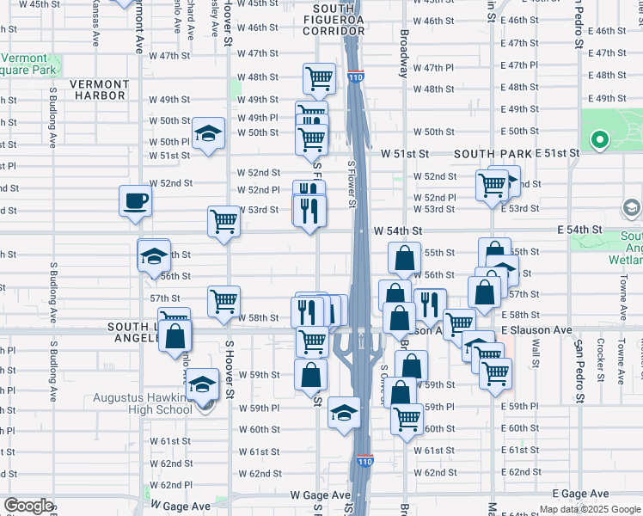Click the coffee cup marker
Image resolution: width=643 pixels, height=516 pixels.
[135, 201]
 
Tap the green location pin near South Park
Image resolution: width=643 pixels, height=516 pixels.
[599, 138]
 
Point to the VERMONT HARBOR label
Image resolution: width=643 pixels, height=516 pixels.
[99, 89]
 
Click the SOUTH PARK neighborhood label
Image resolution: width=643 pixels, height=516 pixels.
[493, 153]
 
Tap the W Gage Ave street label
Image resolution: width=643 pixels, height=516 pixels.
[320, 495]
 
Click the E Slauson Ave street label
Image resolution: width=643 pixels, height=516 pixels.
[536, 330]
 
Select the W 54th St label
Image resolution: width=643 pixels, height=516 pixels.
[399, 231]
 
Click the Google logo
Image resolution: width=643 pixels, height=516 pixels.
[28, 506]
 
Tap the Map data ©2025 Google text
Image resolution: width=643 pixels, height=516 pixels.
[591, 509]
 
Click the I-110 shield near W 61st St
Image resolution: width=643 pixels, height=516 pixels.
[364, 462]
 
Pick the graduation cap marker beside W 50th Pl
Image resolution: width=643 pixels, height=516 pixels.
[208, 133]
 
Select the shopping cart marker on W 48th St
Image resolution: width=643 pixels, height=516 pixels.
[319, 78]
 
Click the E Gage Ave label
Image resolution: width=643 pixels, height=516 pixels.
[580, 494]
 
